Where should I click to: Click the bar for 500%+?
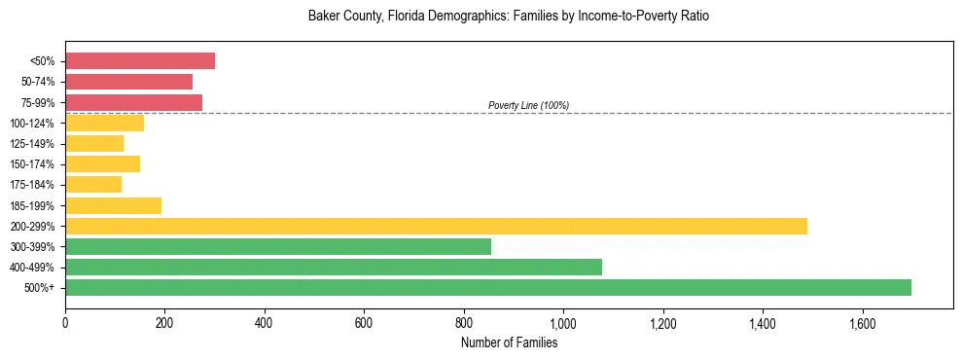click(x=488, y=287)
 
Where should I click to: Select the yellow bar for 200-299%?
click(x=436, y=226)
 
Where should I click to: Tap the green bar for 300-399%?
click(x=278, y=246)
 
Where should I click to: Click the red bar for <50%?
click(x=140, y=61)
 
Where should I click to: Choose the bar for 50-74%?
click(x=128, y=82)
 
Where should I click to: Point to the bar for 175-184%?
click(x=93, y=185)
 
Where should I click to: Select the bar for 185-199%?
click(x=113, y=205)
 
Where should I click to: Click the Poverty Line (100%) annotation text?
click(x=528, y=105)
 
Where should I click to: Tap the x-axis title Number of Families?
click(x=509, y=342)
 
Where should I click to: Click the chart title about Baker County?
click(x=509, y=17)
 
